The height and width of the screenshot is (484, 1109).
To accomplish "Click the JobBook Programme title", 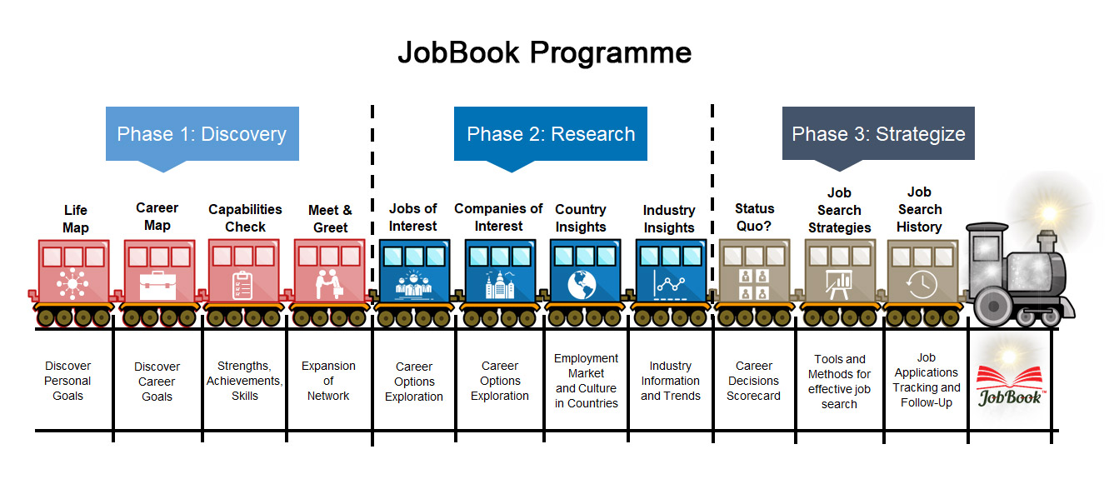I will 544,52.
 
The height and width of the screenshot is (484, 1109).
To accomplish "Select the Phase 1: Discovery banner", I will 202,134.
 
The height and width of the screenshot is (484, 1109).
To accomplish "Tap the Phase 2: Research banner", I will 551,134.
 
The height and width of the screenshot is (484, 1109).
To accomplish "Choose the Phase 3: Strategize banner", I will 878,134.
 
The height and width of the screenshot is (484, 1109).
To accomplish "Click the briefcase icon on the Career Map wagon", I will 157,284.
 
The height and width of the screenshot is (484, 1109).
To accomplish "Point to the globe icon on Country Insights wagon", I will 583,284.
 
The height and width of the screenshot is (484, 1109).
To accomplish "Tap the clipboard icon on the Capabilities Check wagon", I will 242,284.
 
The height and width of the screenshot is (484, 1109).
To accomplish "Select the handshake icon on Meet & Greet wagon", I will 329,284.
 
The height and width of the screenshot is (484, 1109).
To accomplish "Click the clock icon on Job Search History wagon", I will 922,284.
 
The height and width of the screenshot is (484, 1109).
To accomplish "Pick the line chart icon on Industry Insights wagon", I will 670,284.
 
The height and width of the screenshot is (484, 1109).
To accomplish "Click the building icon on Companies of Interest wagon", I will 500,284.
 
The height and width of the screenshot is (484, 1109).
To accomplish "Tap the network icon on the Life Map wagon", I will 73,284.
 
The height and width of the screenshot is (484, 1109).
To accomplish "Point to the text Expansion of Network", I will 328,381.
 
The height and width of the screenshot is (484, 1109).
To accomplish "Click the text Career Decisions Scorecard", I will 753,381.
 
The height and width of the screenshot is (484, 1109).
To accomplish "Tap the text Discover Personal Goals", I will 67,381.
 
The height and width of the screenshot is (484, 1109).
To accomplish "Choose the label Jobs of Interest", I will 413,217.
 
